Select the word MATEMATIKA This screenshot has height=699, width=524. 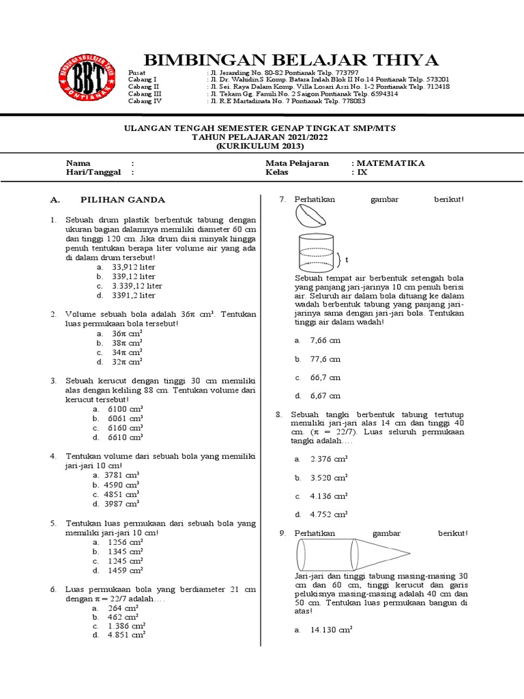pyautogui.click(x=391, y=163)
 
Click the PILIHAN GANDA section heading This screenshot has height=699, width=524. pyautogui.click(x=123, y=200)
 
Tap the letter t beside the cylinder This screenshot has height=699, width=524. pyautogui.click(x=347, y=260)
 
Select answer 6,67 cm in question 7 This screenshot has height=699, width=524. pyautogui.click(x=325, y=396)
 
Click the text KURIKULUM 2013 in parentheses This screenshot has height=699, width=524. pyautogui.click(x=260, y=146)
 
